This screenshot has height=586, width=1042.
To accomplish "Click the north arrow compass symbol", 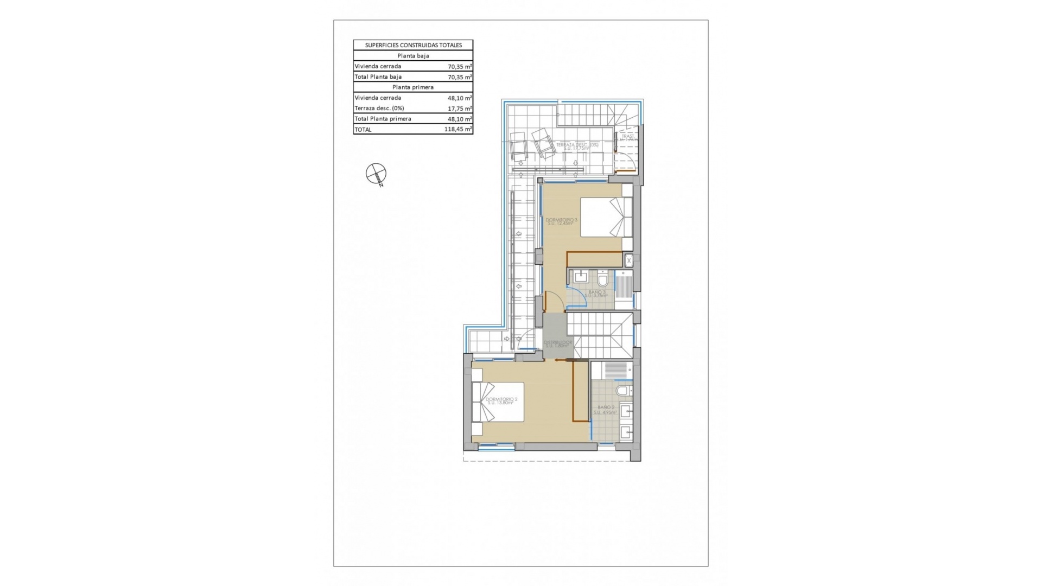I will (x=376, y=174).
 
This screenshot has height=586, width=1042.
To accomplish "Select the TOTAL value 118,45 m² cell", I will (x=459, y=129).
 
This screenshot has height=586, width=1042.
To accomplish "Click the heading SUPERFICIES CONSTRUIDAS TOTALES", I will (x=413, y=45).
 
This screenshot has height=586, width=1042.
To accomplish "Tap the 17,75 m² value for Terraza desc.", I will (x=459, y=108).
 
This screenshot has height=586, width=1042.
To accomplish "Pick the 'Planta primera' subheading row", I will (x=413, y=87).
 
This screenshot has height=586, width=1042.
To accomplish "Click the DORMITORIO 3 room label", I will (x=562, y=221).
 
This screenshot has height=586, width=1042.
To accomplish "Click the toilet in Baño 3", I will (x=603, y=281).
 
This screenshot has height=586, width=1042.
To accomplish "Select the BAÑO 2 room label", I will (x=606, y=410).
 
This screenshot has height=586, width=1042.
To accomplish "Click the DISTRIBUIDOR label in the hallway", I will (x=558, y=344).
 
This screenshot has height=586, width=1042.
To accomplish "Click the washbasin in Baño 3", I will (x=580, y=277).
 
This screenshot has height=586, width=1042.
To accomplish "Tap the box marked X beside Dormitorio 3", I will (x=629, y=261).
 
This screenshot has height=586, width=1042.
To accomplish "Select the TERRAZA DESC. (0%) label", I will (x=577, y=145).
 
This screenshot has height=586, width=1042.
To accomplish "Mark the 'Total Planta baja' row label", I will (x=378, y=77).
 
